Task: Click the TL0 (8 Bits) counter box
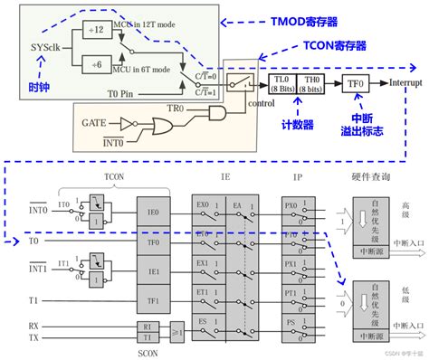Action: (x=281, y=82)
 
